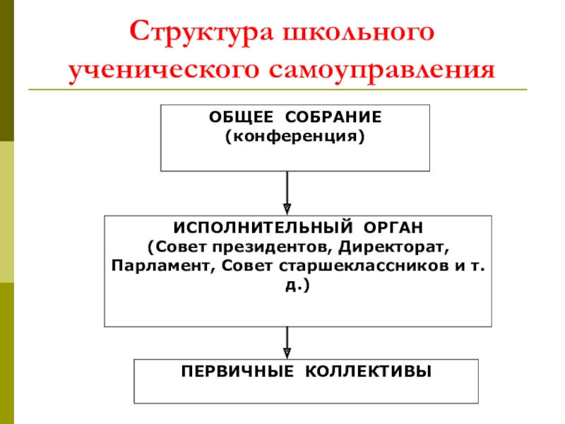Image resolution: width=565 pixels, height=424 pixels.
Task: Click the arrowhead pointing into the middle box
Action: [x=287, y=208]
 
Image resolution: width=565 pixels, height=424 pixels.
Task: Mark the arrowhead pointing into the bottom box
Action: [x=287, y=352]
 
